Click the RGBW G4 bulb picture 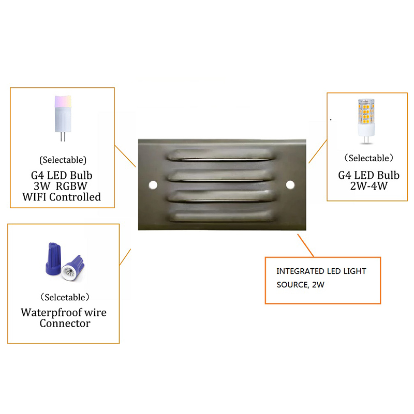click(x=63, y=118)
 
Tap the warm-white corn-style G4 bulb click(x=366, y=121)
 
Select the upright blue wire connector click(x=54, y=259)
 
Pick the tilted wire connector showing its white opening click(x=72, y=268)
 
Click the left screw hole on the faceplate click(x=153, y=185)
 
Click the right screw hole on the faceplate click(x=290, y=185)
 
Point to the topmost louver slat click(x=221, y=155)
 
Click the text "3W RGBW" click(x=61, y=186)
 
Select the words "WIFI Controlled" click(x=62, y=197)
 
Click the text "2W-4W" click(x=369, y=186)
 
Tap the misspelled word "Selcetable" click(x=65, y=297)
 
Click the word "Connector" click(x=65, y=324)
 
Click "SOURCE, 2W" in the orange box click(x=300, y=285)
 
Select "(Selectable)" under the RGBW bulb click(x=63, y=160)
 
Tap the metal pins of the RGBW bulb click(x=63, y=136)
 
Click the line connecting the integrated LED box click(x=306, y=246)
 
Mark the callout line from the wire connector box click(x=125, y=257)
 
